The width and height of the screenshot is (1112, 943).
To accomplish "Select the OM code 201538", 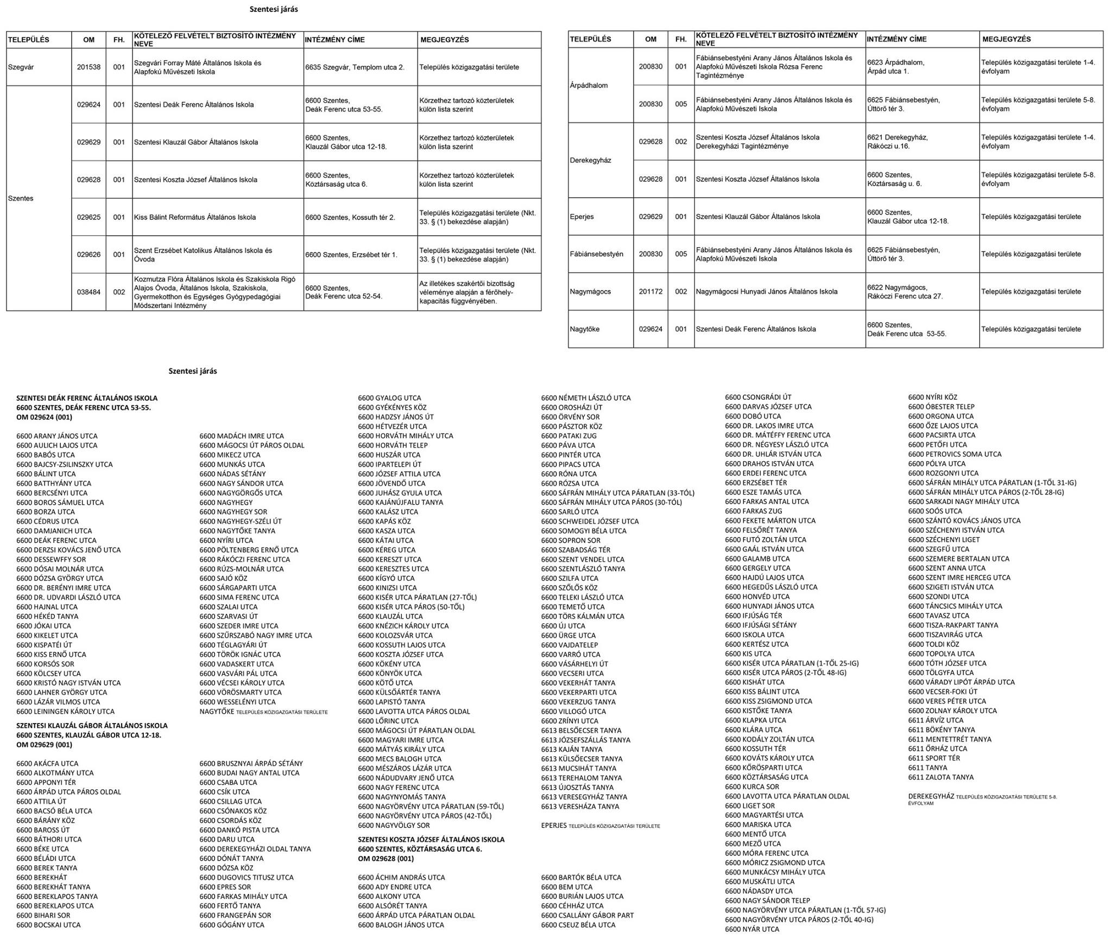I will click(89, 67).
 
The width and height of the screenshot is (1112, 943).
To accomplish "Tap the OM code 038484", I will click(89, 292).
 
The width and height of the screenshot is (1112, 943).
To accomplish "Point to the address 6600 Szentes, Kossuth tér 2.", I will click(350, 217).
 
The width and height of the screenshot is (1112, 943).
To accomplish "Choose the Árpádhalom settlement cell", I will click(589, 85).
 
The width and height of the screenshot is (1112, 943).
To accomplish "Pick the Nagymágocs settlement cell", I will click(590, 292).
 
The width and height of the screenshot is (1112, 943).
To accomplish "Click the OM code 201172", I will click(650, 292).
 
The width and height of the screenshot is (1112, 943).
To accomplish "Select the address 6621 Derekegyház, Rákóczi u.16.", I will click(897, 142).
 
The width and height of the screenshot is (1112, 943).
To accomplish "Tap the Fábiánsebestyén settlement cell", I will click(596, 254).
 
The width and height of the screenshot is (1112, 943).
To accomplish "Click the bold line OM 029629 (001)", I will click(44, 745).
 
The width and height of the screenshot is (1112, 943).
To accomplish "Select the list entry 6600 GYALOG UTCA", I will click(389, 398).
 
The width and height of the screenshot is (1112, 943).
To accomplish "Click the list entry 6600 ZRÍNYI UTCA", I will click(570, 721).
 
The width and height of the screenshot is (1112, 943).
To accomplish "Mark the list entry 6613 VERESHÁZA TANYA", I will click(580, 807).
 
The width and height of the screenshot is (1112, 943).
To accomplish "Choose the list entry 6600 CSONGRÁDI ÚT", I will click(758, 397).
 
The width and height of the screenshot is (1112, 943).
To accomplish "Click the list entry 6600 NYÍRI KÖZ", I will click(932, 397).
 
